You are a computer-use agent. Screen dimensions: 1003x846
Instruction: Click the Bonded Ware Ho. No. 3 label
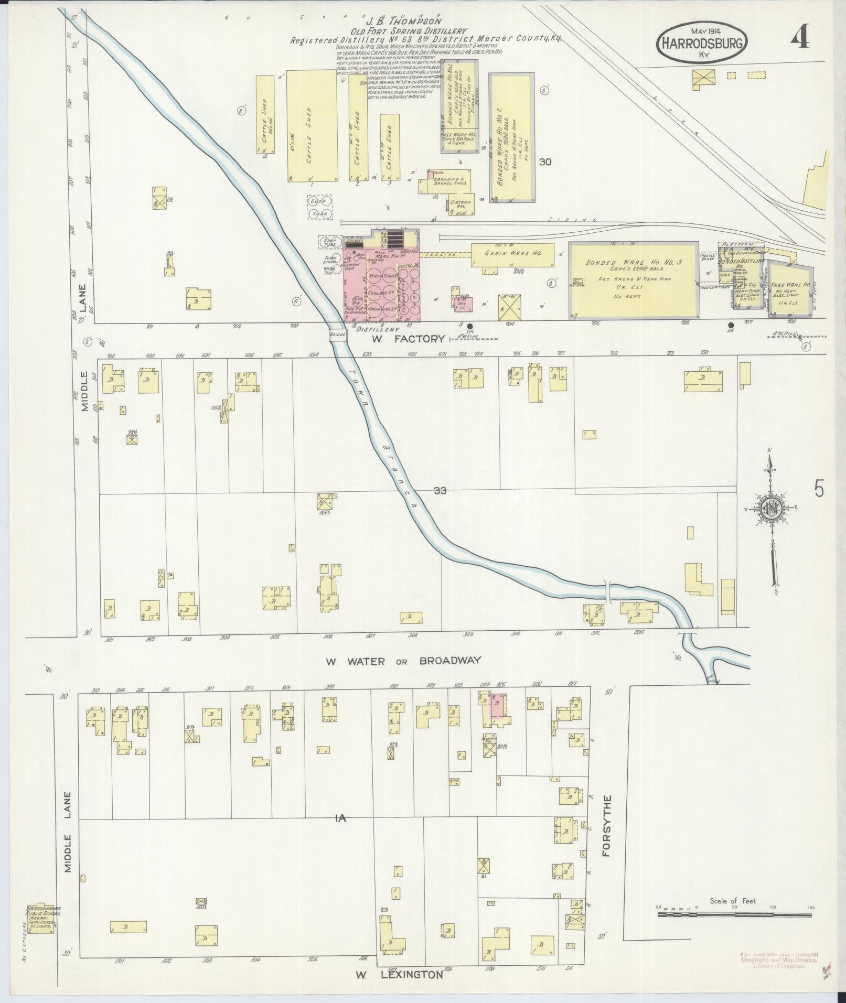(633, 263)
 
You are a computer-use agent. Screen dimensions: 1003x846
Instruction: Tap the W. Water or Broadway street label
(402, 661)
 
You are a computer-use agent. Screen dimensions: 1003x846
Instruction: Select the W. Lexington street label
(399, 975)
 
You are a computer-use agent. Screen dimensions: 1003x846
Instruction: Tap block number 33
(440, 491)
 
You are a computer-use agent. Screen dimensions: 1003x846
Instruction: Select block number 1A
(341, 832)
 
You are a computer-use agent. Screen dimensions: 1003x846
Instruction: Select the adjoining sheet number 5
(819, 489)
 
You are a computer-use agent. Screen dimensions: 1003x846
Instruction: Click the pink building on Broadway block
(497, 706)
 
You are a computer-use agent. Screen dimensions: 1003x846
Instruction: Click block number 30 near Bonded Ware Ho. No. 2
(545, 163)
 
